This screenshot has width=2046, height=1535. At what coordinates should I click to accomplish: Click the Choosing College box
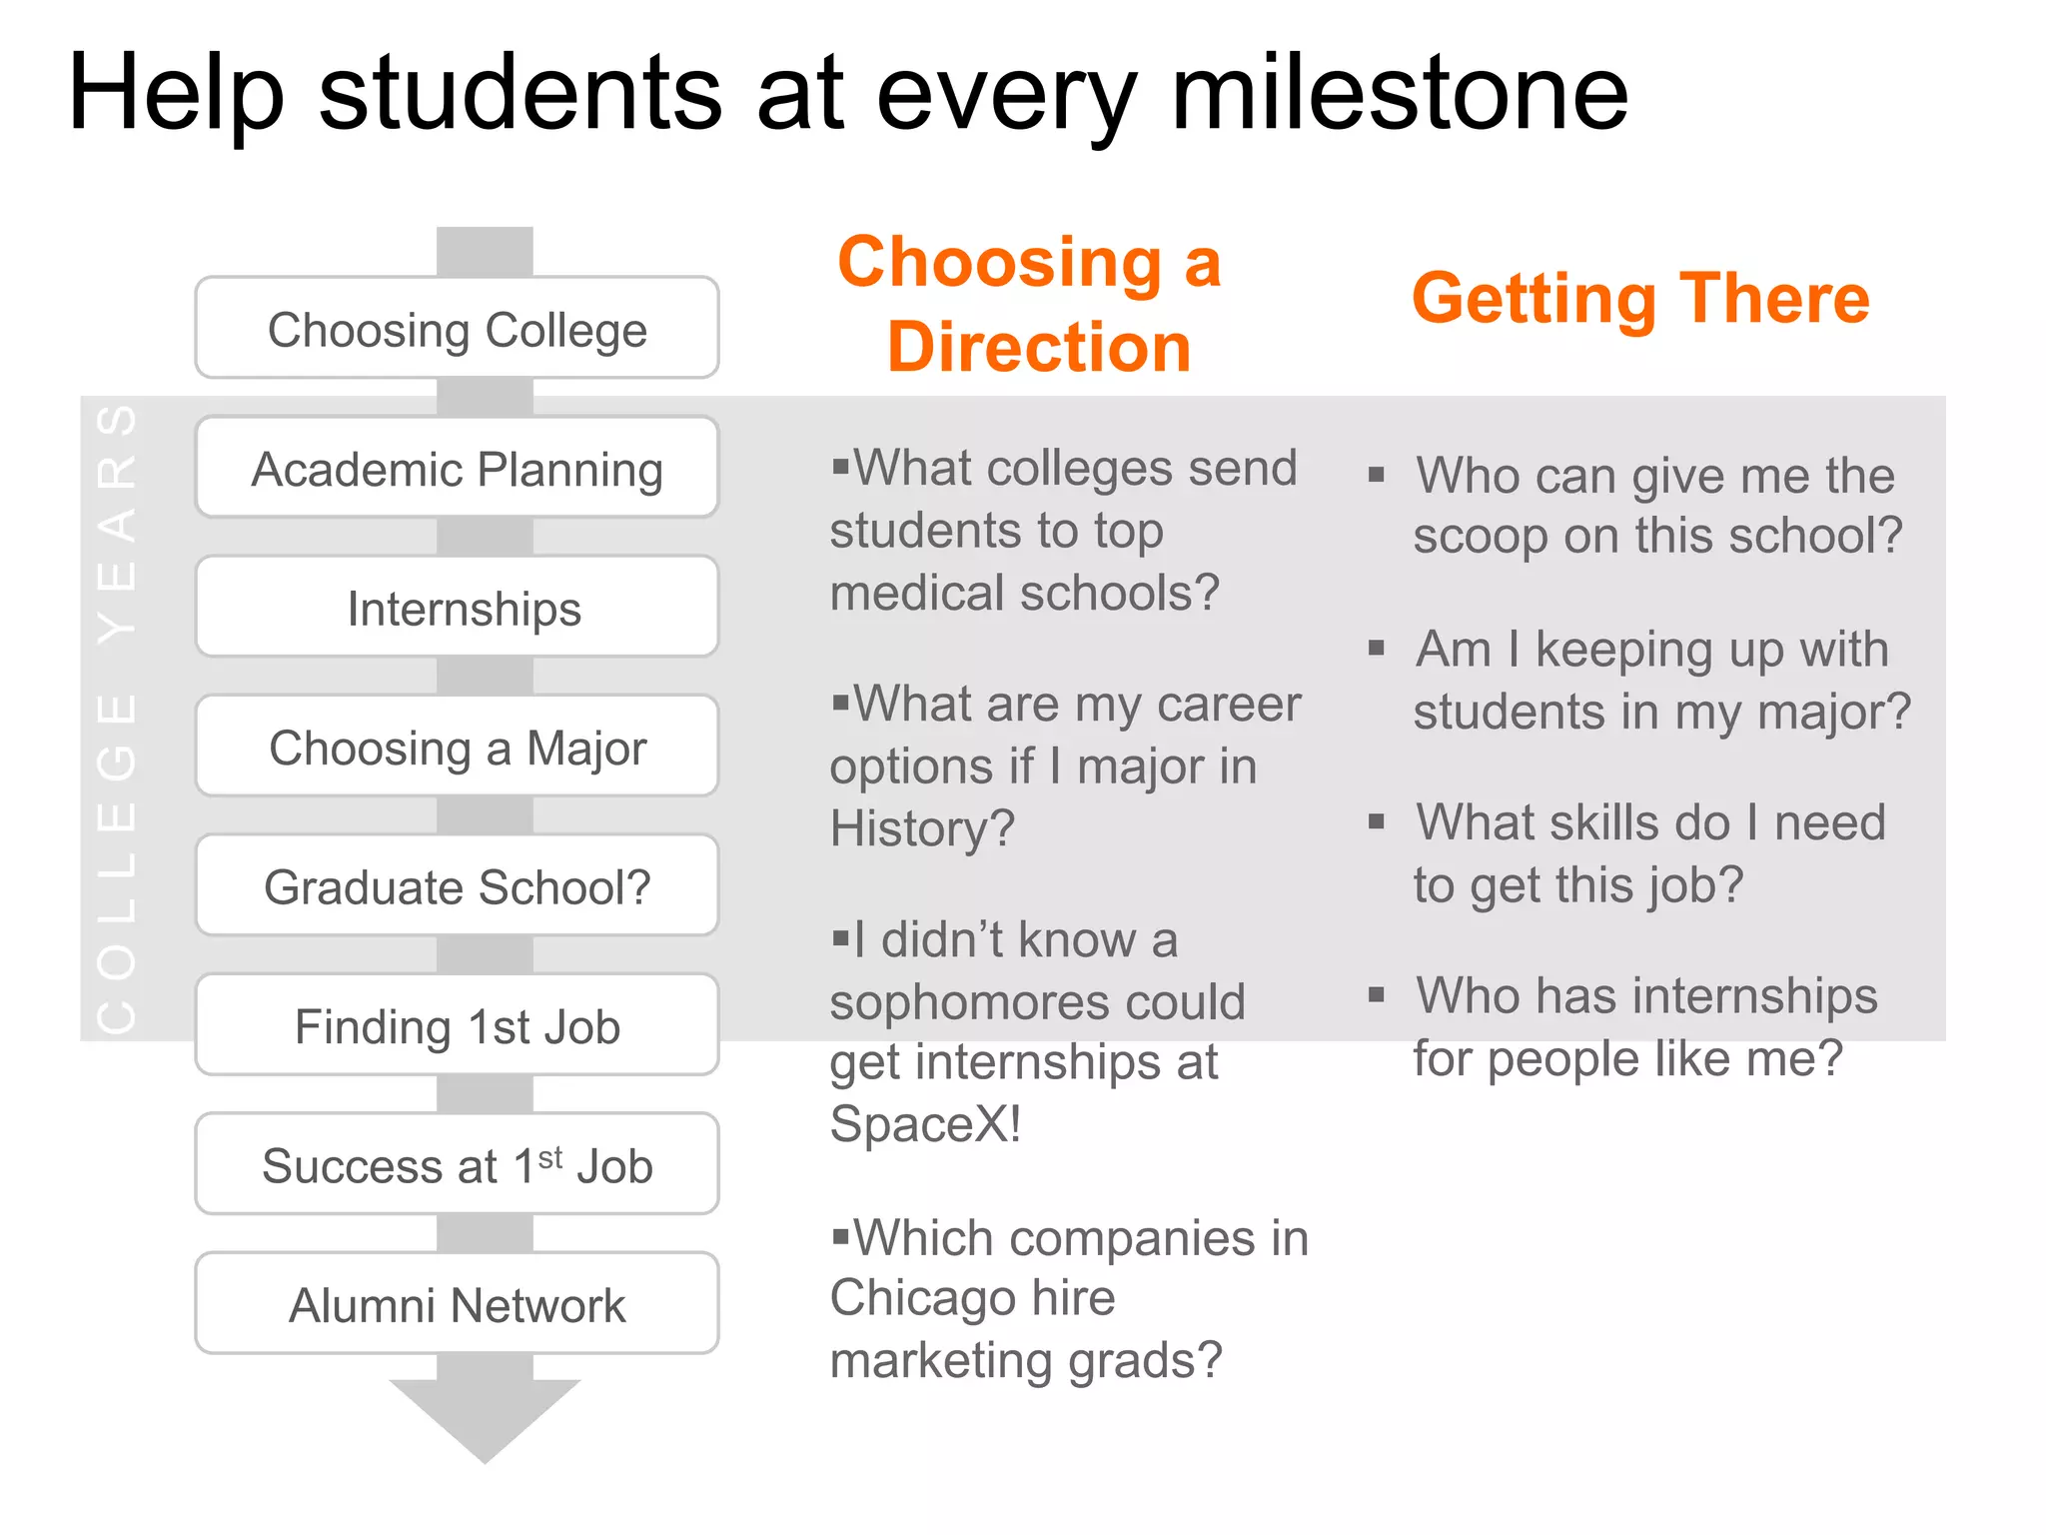pos(457,329)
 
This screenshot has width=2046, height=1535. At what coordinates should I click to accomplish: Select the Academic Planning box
pos(457,468)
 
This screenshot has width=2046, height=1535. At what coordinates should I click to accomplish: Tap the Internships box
pos(457,608)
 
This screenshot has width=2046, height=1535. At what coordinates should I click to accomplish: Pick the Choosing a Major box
pos(457,747)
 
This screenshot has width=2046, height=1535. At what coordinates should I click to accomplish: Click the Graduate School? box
pos(457,886)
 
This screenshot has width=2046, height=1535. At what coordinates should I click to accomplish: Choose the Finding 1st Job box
pos(457,1025)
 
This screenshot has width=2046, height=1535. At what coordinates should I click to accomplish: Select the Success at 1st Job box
pos(457,1165)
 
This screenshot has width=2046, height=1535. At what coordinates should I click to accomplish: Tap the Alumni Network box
pos(457,1304)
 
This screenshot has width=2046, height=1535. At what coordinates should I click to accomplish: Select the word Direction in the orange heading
pos(1039,347)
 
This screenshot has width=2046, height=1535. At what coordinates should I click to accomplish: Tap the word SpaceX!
pos(925,1124)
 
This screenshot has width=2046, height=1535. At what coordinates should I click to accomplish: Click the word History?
pos(921,828)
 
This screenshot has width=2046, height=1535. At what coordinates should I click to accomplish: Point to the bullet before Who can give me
pos(1377,475)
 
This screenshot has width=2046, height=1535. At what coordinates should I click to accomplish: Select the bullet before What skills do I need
pos(1377,822)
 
